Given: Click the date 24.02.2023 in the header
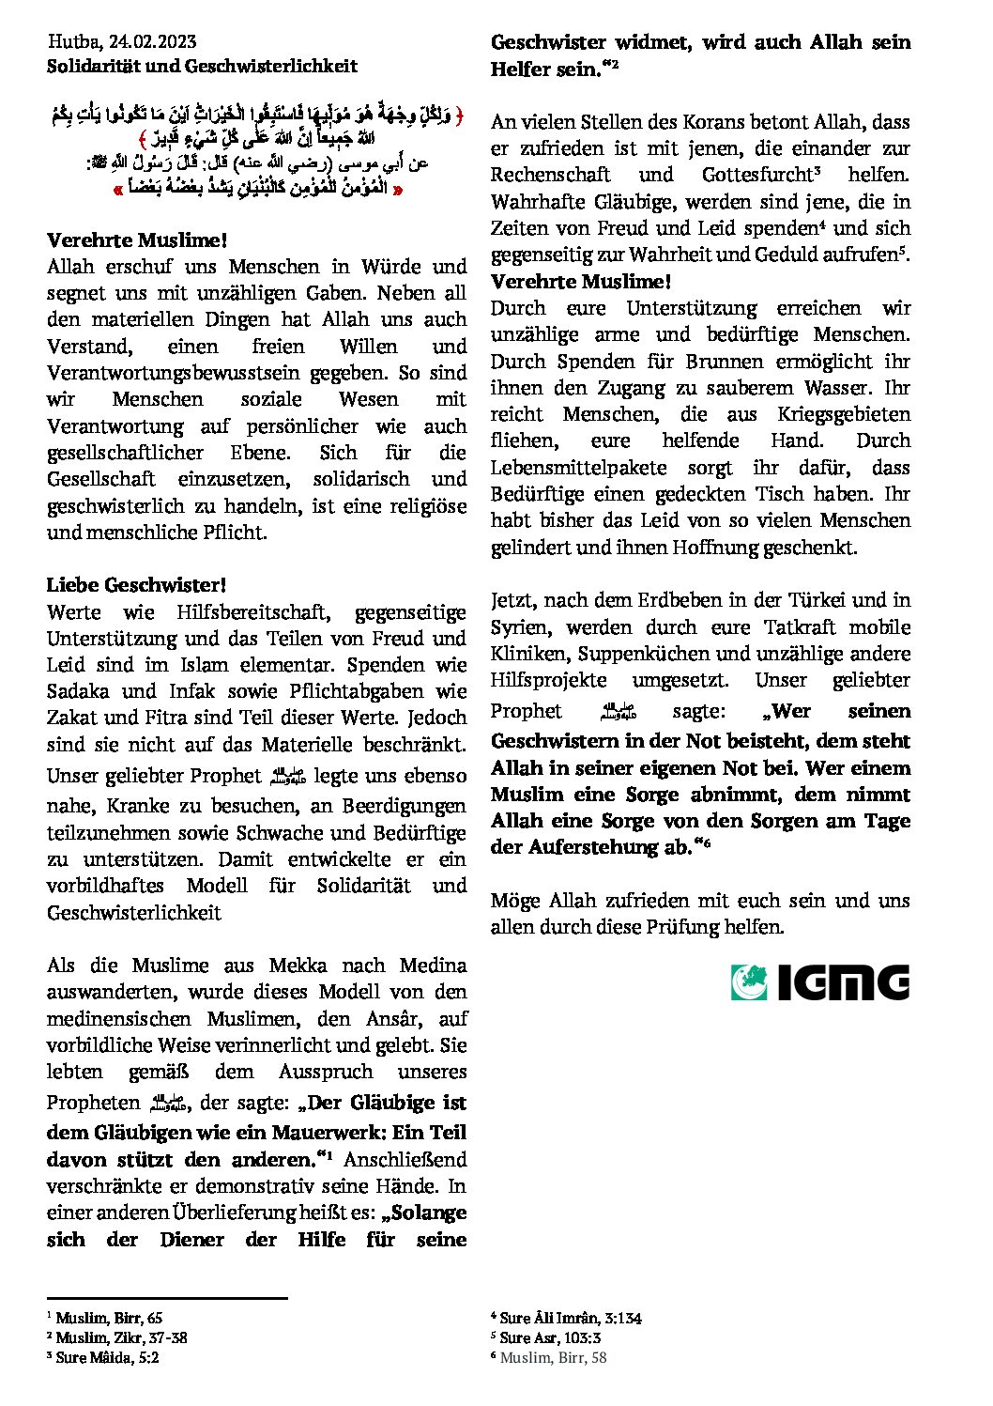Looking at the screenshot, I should point(152,41).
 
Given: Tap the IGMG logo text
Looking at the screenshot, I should point(843,982).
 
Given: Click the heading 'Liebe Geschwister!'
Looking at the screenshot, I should point(136,585).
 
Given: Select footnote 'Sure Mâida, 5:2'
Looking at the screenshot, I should point(107,1357).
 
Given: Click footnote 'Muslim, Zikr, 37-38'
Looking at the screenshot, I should point(120,1337).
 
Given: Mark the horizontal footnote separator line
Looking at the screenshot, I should point(167,1298).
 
